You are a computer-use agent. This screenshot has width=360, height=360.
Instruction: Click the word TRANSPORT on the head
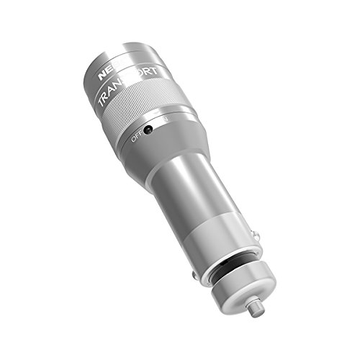pyautogui.click(x=130, y=86)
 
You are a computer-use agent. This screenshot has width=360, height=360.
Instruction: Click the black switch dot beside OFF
pyautogui.click(x=148, y=130)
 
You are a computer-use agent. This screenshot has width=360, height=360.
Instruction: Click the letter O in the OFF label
pyautogui.click(x=132, y=138)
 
